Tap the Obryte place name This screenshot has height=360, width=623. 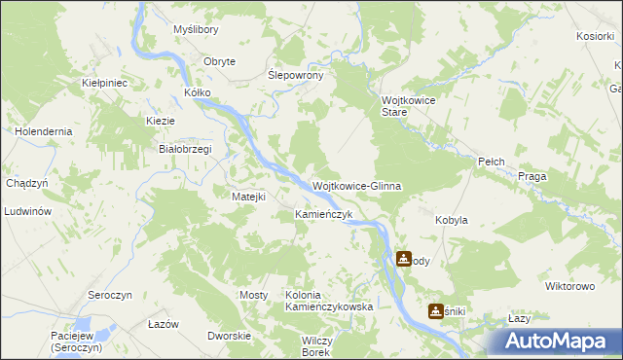point(219,61)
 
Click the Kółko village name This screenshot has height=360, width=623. point(198,93)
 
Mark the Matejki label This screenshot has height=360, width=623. point(248,196)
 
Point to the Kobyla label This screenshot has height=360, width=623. point(452,220)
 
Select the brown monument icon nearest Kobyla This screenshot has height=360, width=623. point(403,259)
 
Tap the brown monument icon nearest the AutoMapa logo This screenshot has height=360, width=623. point(435,310)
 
